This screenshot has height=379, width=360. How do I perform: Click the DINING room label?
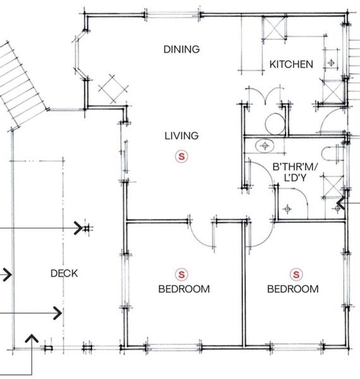pos(182,49)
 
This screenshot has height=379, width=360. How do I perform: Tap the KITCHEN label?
pos(291,64)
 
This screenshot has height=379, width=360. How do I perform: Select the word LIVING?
pos(182,136)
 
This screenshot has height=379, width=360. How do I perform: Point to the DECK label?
pos(64,274)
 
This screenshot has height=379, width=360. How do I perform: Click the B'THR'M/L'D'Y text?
pos(295,172)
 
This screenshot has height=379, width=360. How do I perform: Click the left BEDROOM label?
pos(184,289)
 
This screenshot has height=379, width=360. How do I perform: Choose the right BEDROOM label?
pos(293,289)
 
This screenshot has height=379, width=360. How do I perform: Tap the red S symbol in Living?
pos(181,157)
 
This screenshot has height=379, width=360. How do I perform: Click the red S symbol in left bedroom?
pos(181,275)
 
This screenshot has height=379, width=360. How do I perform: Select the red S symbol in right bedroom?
pos(296,275)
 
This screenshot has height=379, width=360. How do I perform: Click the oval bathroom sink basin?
pos(265,146)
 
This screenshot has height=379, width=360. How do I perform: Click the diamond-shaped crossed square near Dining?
pos(113,88)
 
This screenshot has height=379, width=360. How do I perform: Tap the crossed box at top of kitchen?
pos(275,28)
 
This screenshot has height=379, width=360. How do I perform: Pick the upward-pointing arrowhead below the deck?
pos(32,339)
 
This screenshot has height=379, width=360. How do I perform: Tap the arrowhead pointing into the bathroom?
pos(340,203)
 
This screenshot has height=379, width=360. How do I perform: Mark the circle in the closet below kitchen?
pos(275,124)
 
